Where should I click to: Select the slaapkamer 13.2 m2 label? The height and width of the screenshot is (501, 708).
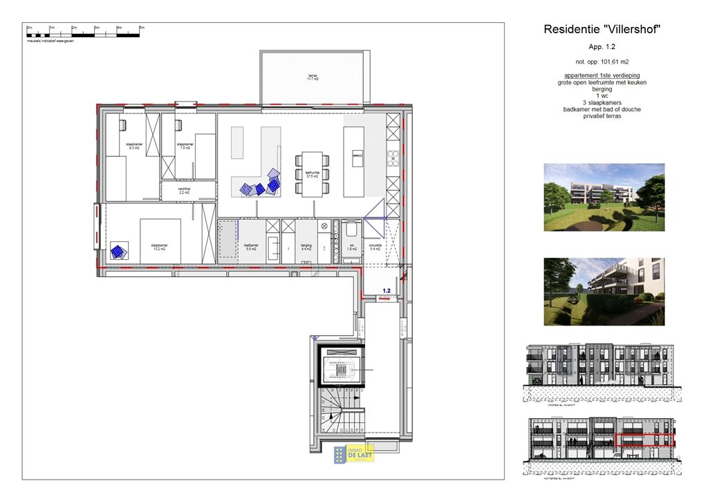160,246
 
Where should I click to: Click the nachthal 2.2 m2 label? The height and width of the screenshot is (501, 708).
185,191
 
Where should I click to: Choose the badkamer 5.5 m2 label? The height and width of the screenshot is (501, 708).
251,247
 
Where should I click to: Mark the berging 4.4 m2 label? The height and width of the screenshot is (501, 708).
306,247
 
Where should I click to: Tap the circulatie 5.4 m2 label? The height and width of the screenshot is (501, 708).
375,247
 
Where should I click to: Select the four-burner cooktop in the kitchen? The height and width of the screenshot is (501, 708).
393,158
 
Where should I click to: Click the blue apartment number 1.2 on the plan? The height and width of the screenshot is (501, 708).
386,291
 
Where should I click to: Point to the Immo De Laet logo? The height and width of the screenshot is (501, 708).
354,453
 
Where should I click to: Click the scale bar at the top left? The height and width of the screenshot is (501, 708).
84,32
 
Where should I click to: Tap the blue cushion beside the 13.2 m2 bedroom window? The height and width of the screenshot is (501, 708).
119,252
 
